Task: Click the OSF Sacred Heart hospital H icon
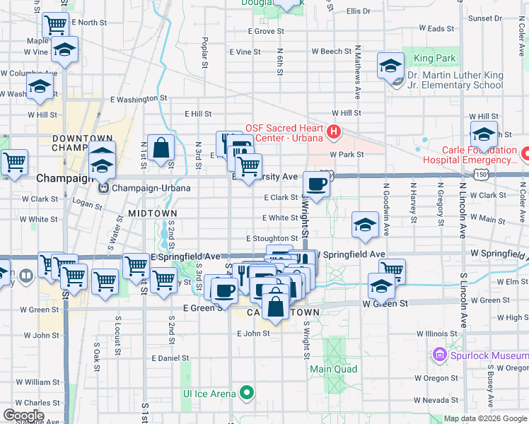tap(333, 132)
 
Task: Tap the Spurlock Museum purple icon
tap(439, 353)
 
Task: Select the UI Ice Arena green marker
tap(246, 393)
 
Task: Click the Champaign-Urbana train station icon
tap(104, 189)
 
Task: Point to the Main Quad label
tap(333, 369)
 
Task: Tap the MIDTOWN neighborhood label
tap(151, 213)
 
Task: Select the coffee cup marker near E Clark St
tap(316, 184)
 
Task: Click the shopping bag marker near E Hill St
tap(161, 148)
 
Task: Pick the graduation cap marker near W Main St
tap(365, 225)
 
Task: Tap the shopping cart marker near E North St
tap(55, 25)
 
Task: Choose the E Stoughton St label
tap(272, 240)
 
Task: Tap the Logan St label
tap(88, 204)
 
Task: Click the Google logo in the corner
tap(23, 416)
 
